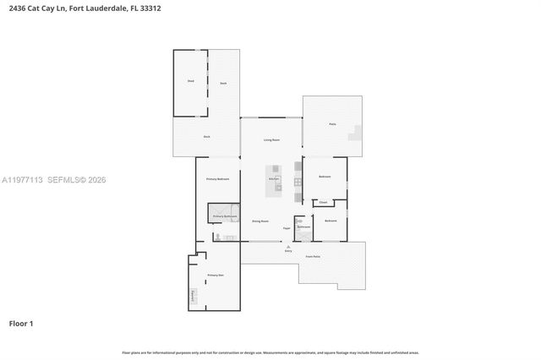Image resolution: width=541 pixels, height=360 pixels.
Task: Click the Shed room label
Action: click(x=190, y=82)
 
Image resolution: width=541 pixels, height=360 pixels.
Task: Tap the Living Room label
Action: click(x=270, y=139)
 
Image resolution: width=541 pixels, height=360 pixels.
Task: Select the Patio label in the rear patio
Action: click(x=332, y=124)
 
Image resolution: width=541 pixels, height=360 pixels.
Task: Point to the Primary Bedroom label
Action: click(x=218, y=179)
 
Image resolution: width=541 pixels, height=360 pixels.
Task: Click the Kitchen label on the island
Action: click(x=274, y=179)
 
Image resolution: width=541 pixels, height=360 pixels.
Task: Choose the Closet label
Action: click(x=323, y=203)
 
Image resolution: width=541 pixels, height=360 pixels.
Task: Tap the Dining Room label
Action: click(x=260, y=221)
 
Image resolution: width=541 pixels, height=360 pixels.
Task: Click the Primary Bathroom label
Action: click(x=223, y=216)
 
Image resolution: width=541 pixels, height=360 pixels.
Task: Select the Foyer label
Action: click(x=287, y=227)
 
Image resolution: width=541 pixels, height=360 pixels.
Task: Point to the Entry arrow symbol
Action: click(x=287, y=246)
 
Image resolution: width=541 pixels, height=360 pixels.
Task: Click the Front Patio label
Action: click(x=312, y=256)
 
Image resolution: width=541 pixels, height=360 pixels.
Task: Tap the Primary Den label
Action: click(x=215, y=275)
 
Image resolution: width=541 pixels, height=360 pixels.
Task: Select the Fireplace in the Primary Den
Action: click(x=193, y=297)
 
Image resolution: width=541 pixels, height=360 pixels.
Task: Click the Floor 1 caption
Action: click(x=21, y=324)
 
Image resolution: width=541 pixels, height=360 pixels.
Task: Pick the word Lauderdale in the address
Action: click(x=111, y=8)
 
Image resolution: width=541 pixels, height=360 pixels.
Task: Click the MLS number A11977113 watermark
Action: click(x=23, y=180)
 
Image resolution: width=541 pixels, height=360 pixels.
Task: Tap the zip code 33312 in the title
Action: click(x=150, y=8)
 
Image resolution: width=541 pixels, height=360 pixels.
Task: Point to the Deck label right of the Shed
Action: click(x=223, y=83)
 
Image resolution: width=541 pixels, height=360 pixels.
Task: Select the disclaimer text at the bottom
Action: click(x=270, y=352)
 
